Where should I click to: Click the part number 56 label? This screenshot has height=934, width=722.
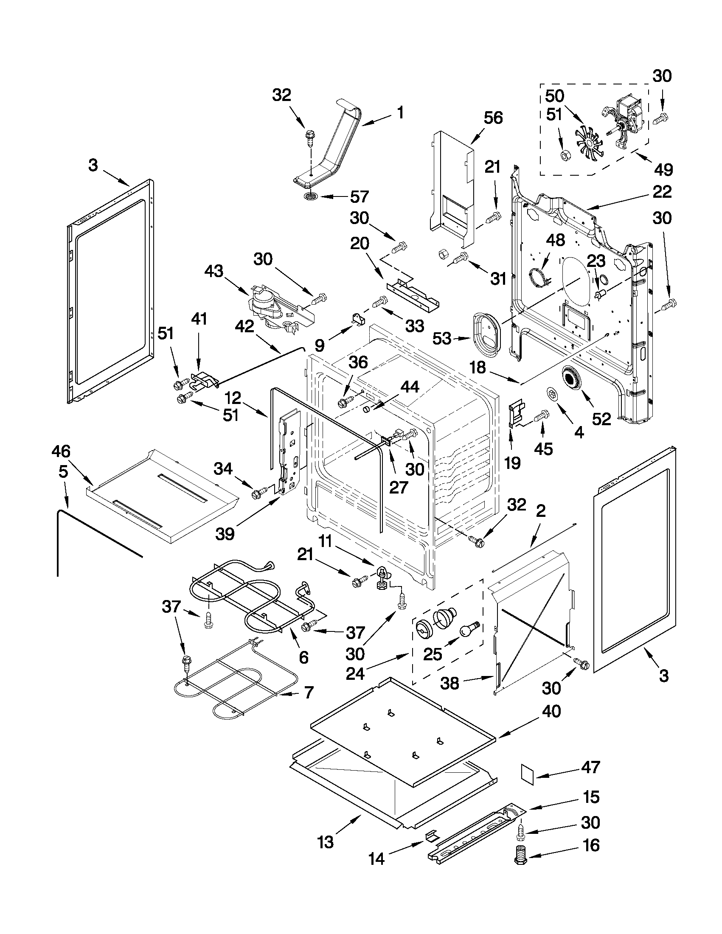(x=493, y=118)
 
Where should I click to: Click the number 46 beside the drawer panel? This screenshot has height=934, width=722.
(x=61, y=451)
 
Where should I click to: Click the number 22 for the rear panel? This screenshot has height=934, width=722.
(x=662, y=191)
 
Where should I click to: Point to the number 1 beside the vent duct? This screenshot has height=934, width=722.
(x=400, y=113)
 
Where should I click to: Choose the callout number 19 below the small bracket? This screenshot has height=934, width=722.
(x=512, y=462)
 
